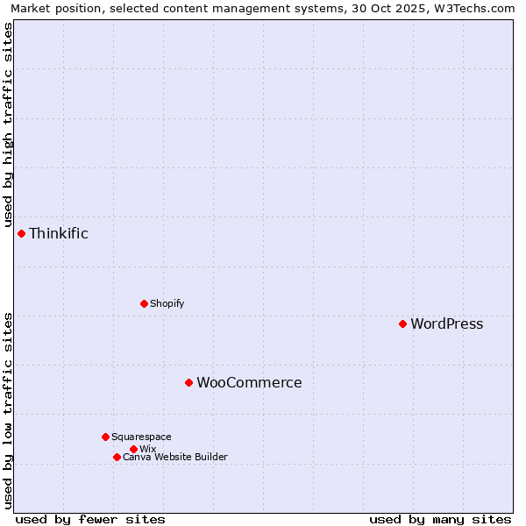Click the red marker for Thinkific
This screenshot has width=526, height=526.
point(21,233)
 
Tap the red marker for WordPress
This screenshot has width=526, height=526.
point(402,323)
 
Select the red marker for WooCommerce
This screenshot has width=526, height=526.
point(188,382)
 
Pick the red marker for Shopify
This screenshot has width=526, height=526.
point(144,303)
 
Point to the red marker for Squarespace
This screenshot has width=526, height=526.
point(105,437)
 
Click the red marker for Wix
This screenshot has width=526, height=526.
point(133,449)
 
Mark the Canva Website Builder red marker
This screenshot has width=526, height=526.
point(117,457)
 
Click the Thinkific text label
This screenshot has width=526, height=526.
point(59,233)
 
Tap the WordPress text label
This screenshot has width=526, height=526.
point(446,323)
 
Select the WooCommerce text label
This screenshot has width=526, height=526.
point(249,382)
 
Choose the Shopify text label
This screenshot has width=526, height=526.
point(167,303)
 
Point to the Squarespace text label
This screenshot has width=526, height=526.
point(141,437)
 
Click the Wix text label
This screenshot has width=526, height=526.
point(147,449)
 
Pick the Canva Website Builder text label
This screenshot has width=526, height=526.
point(174,457)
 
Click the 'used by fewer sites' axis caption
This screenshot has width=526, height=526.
point(90,519)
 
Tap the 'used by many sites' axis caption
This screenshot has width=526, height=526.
point(440,519)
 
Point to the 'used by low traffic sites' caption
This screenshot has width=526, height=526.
point(8,409)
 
